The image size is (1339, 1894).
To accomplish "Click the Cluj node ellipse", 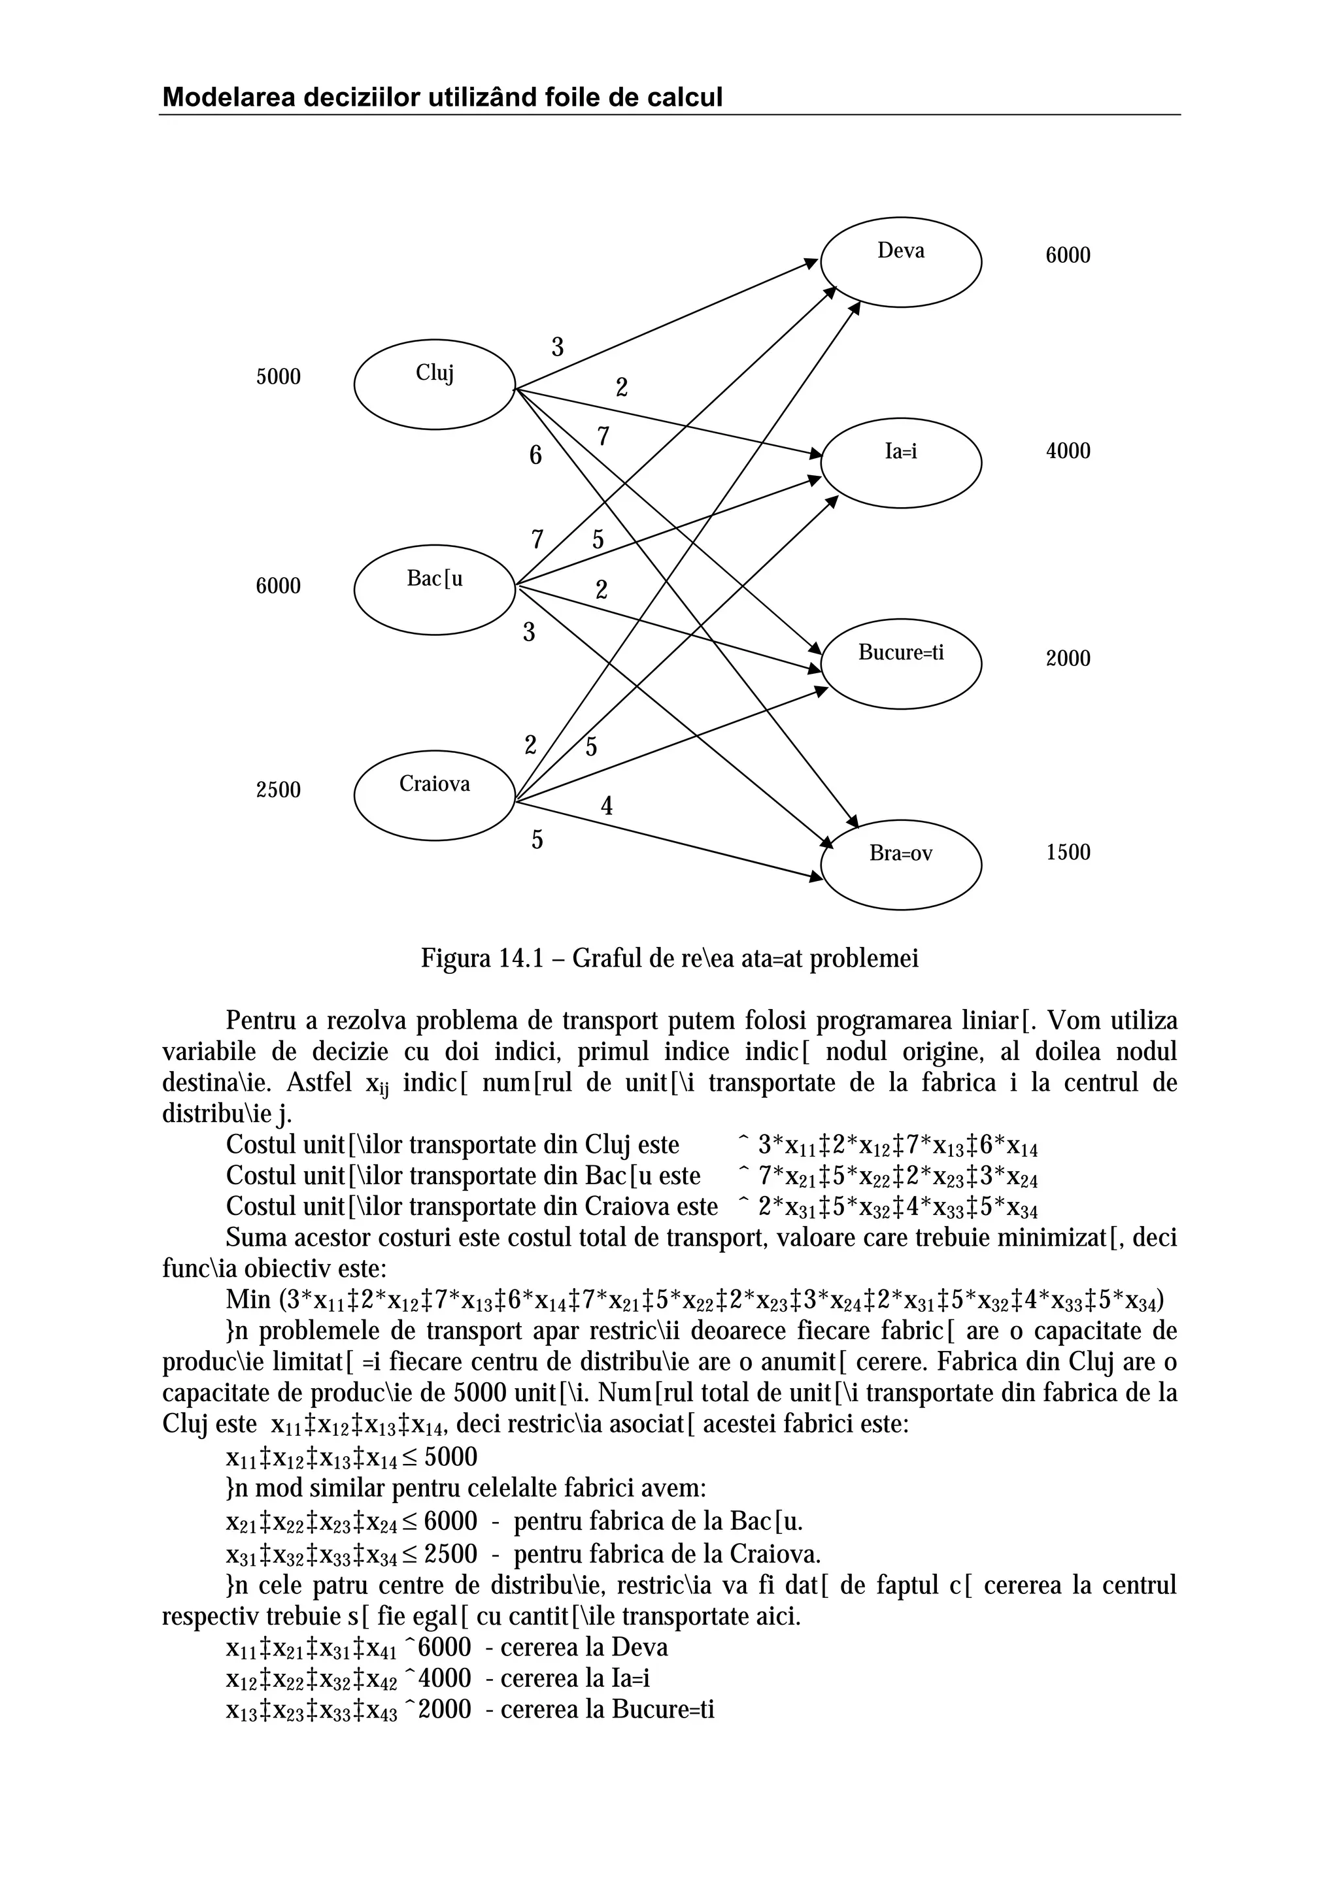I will [435, 384].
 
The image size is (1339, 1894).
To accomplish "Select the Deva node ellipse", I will [901, 262].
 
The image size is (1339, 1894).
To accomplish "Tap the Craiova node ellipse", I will [435, 794].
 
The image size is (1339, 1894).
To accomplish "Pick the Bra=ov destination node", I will [901, 865].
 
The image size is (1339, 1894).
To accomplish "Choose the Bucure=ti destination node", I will [901, 663].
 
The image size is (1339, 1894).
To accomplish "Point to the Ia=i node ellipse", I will [901, 463].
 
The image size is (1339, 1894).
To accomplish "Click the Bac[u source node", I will [435, 589].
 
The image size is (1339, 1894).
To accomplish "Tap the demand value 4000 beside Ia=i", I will [1068, 451].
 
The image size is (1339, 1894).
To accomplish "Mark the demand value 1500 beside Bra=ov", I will [1068, 852].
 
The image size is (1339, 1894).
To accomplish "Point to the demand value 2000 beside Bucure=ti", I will [1068, 658].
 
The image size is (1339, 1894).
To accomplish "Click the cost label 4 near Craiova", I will [606, 806].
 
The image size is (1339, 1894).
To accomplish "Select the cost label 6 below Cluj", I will [535, 456].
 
